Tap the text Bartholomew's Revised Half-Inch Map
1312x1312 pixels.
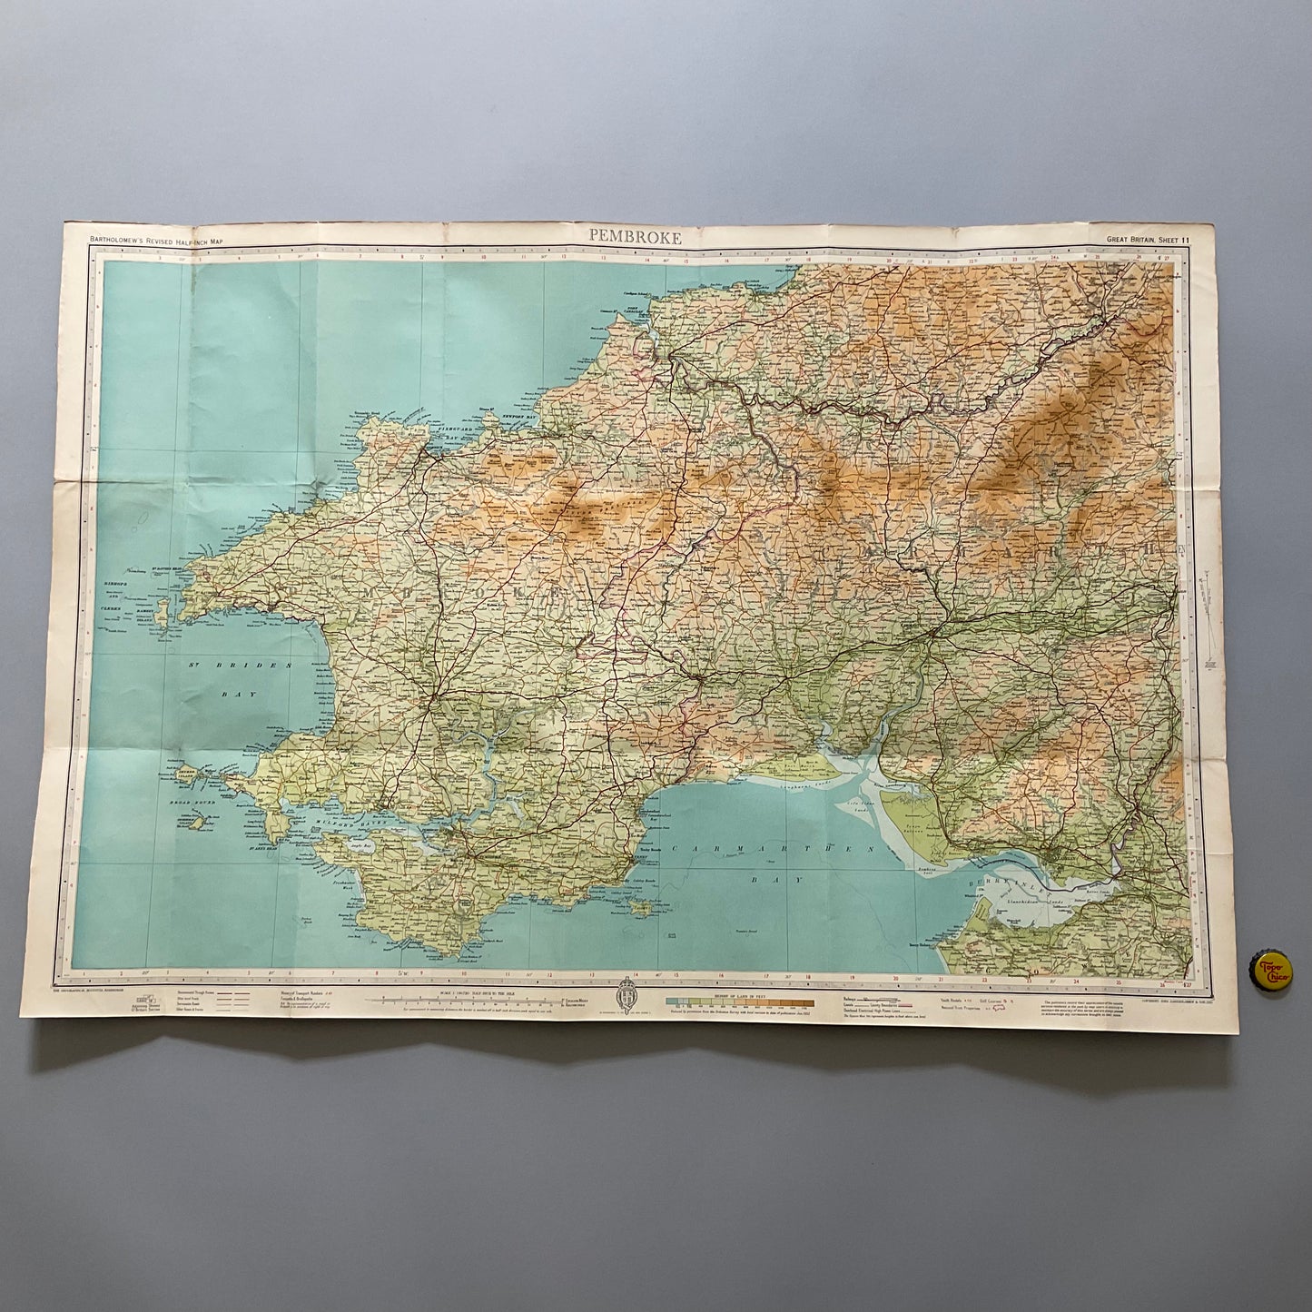pos(156,241)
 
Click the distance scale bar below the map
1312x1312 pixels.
pos(464,1001)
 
